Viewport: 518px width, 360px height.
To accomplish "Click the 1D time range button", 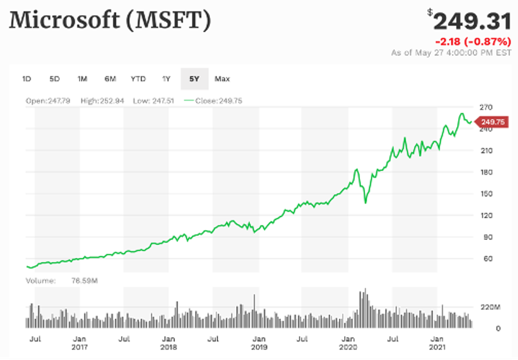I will pos(26,79).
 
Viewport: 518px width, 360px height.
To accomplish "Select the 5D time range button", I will pos(55,79).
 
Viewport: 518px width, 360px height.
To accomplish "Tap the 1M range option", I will pos(82,79).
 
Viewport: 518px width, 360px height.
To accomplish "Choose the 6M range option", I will pos(110,79).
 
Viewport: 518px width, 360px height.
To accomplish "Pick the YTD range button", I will pos(138,79).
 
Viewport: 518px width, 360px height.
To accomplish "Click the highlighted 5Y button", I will pos(194,79).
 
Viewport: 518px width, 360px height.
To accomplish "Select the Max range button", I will pos(222,79).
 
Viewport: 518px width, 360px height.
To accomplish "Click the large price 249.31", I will pos(472,22).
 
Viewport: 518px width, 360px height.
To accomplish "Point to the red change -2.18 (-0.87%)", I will pos(473,42).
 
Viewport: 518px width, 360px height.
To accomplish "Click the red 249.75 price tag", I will pos(492,122).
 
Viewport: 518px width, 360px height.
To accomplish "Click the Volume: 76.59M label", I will pos(62,281).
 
